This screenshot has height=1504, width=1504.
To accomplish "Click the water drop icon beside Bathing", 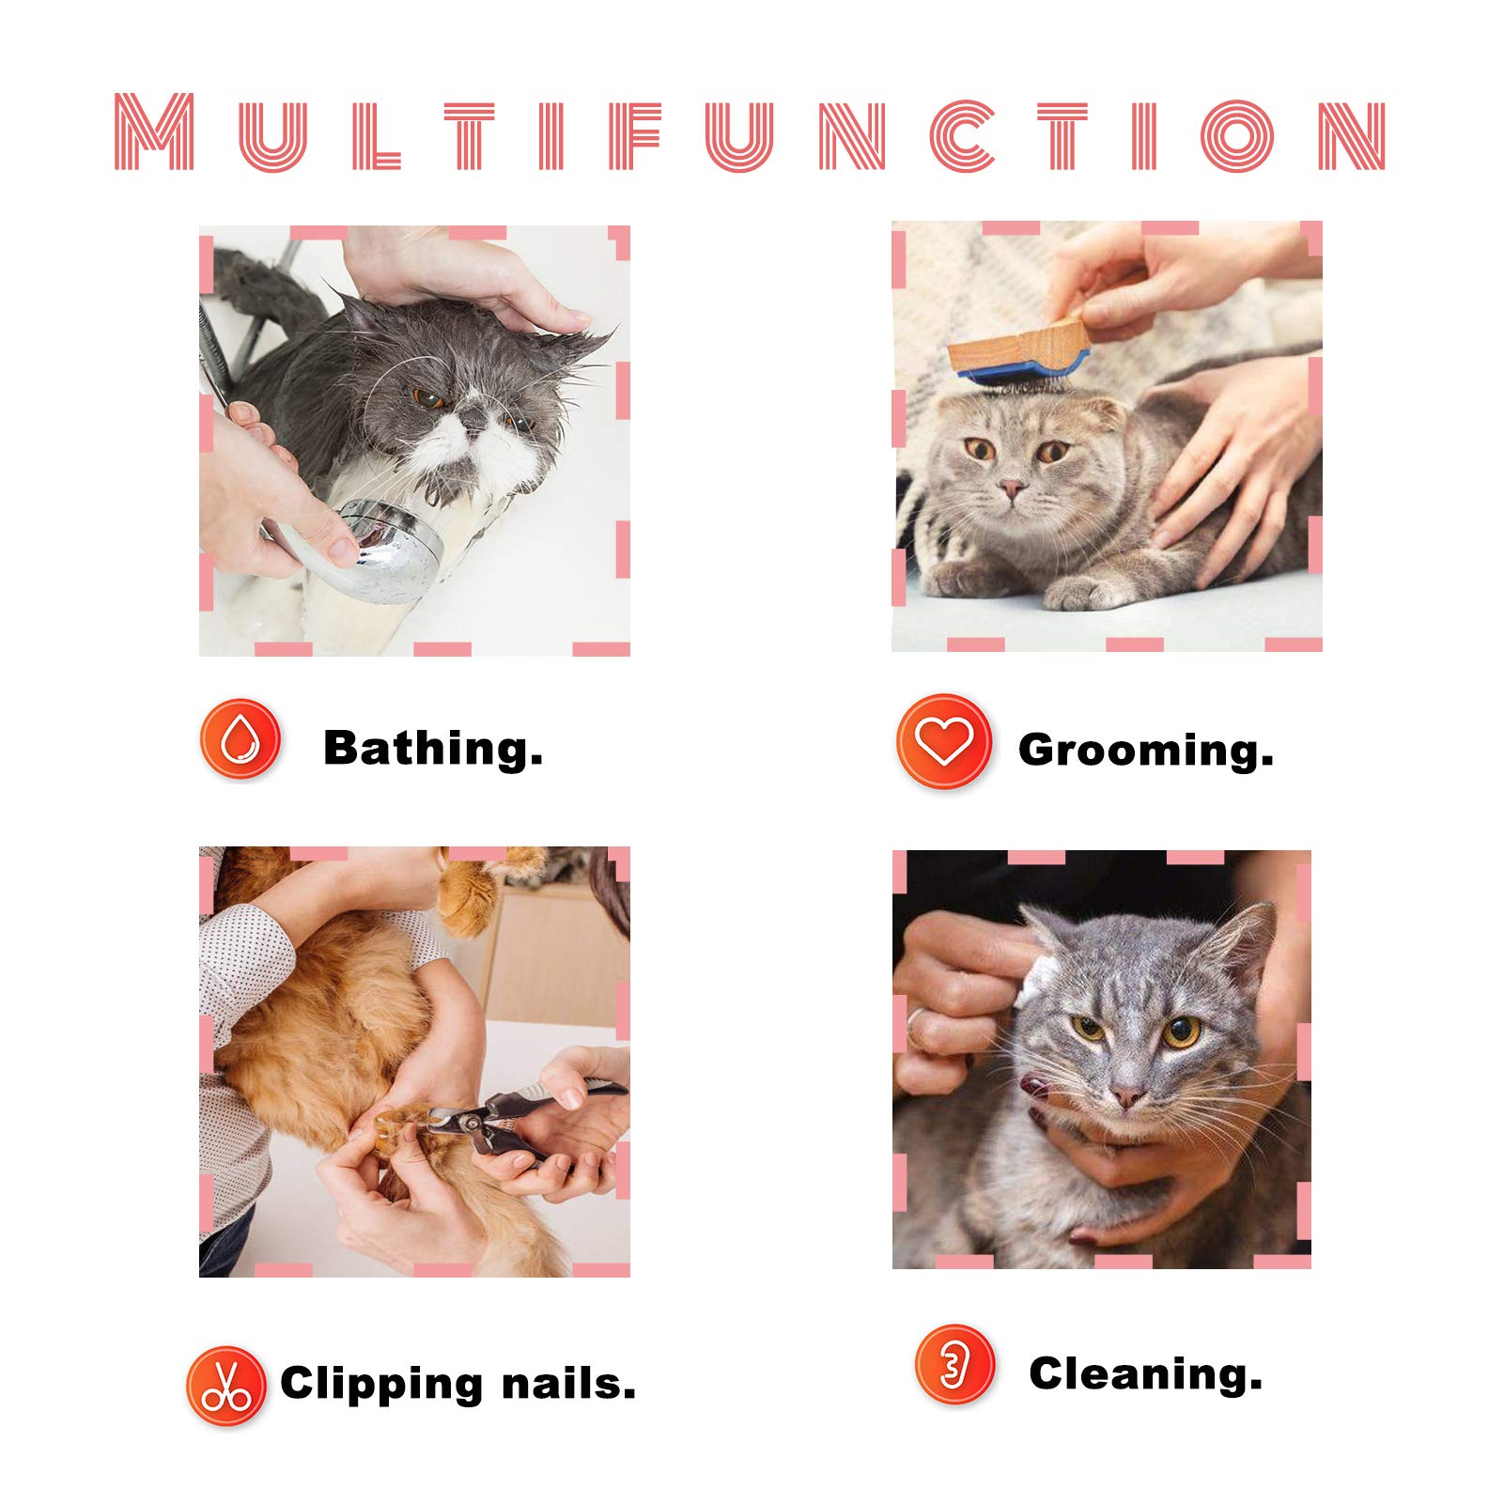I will tap(240, 738).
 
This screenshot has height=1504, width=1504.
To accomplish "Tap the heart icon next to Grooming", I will tap(943, 741).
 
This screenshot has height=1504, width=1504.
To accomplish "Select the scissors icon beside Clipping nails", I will tap(225, 1387).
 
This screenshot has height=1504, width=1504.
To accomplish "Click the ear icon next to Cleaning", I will tap(954, 1364).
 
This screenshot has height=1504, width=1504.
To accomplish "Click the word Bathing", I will tap(433, 749).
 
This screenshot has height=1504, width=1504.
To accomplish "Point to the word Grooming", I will tap(1145, 751).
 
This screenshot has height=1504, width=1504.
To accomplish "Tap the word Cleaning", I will tap(1145, 1373).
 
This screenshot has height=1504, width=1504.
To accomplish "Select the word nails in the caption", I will tap(568, 1384).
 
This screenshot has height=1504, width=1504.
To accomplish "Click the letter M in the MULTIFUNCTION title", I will tap(155, 132).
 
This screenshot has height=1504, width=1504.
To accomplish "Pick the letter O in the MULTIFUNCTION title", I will tap(1237, 135).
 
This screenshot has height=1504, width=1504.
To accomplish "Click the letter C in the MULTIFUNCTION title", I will tap(962, 135).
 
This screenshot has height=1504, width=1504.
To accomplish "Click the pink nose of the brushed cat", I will tap(1012, 488).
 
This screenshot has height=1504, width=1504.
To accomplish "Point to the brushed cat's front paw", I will tap(1080, 592).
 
